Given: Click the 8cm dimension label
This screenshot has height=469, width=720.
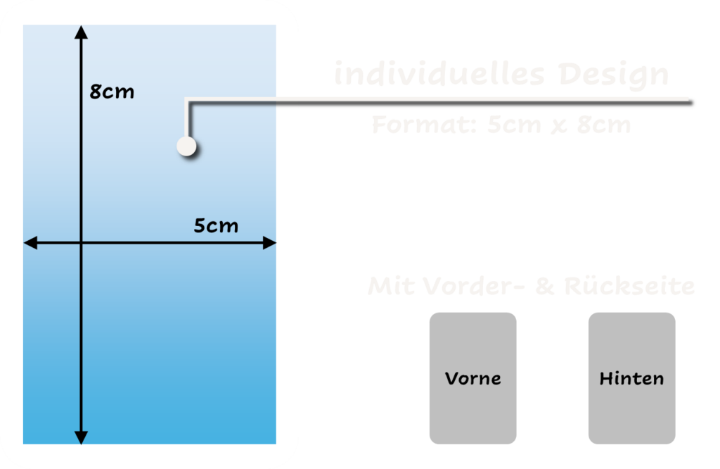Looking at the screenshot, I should tap(112, 92).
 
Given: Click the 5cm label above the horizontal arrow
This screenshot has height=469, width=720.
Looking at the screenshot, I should tap(216, 226).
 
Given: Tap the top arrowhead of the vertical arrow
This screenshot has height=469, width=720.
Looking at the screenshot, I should tap(82, 32).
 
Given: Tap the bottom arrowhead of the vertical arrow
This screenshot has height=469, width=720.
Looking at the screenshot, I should tap(82, 437).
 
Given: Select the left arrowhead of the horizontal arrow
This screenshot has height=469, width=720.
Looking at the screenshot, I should tap(30, 243).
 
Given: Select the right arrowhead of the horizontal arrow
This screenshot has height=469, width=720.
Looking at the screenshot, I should tap(269, 243).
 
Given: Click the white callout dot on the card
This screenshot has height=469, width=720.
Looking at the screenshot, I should tap(186, 146).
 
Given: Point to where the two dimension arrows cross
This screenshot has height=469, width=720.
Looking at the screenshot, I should tap(82, 243).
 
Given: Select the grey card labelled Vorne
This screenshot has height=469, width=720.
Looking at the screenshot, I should tap(472, 378).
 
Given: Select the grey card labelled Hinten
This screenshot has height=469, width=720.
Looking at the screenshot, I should tap(631, 378).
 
